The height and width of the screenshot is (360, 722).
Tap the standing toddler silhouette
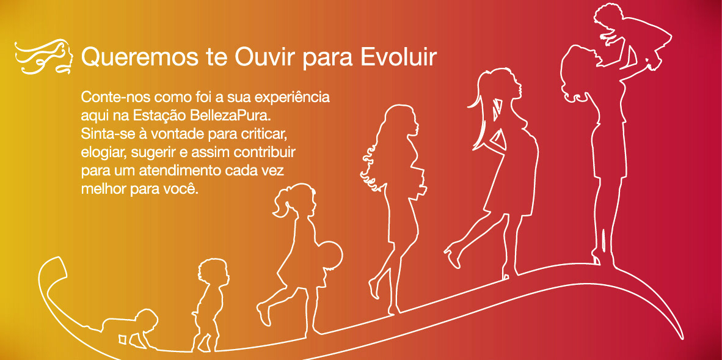pyautogui.click(x=210, y=305)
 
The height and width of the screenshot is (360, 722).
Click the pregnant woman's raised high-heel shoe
pyautogui.click(x=453, y=256)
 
